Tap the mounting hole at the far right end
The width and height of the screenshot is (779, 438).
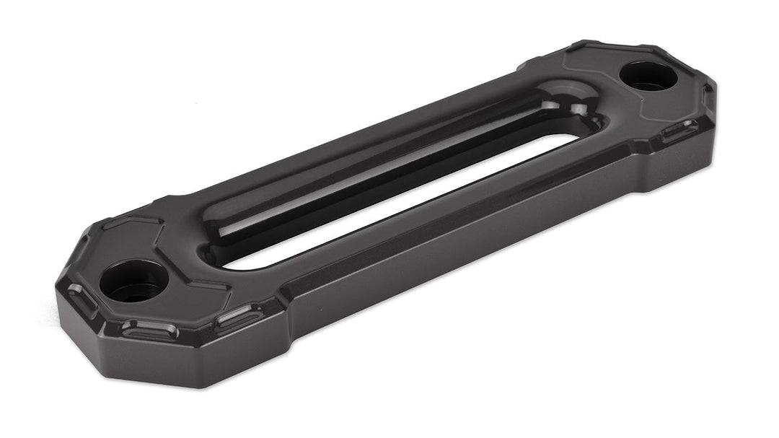[648, 74]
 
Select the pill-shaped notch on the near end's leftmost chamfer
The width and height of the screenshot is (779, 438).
[81, 297]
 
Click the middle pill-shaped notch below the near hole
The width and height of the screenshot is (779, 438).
[149, 330]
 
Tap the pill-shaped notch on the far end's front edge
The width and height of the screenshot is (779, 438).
[679, 130]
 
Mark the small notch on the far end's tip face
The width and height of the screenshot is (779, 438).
[708, 95]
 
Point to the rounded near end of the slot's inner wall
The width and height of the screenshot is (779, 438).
[216, 242]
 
